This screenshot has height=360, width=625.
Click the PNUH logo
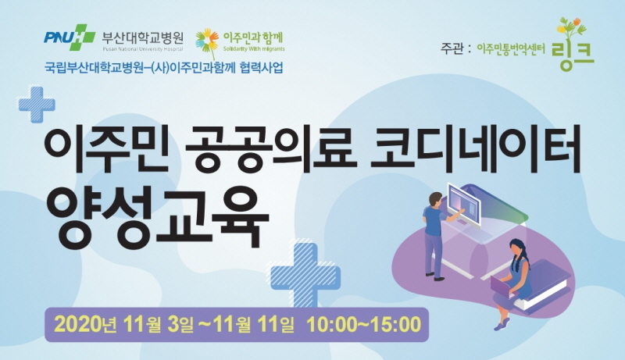70,37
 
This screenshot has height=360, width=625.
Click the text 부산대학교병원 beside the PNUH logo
143,37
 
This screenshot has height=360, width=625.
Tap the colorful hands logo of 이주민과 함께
207,42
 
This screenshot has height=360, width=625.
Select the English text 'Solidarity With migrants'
254,49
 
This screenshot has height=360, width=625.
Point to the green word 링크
573,55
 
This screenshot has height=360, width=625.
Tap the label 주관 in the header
452,49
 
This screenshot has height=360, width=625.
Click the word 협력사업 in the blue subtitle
262,68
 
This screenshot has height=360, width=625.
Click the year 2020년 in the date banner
85,325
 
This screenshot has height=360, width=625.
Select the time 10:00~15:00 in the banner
364,325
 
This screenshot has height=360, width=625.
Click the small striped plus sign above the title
37,105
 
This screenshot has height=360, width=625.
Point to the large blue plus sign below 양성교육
305,275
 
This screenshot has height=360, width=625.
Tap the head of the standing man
436,199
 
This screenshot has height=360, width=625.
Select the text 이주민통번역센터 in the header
511,49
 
